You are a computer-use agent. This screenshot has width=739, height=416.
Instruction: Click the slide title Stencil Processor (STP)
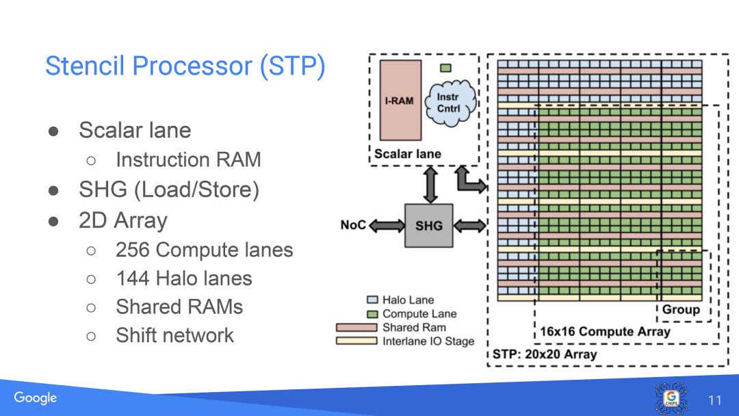click(x=185, y=66)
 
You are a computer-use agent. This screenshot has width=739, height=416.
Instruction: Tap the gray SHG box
click(x=429, y=225)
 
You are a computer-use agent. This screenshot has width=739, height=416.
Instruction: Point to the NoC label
click(x=353, y=225)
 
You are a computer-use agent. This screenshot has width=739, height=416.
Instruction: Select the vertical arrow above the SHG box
click(x=430, y=184)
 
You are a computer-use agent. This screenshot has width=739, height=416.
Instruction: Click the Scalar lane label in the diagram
click(x=408, y=154)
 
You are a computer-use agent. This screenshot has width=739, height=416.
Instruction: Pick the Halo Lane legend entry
click(x=408, y=300)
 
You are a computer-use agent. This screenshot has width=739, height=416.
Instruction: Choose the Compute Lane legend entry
click(x=419, y=313)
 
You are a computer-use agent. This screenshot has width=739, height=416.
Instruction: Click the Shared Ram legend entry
click(x=414, y=327)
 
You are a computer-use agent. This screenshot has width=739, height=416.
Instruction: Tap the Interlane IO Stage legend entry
click(x=428, y=341)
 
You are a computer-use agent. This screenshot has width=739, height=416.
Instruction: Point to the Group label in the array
click(x=681, y=309)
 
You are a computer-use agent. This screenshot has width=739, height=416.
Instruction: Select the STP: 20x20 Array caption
click(x=545, y=354)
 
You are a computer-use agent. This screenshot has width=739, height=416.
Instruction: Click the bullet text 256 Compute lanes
click(x=204, y=250)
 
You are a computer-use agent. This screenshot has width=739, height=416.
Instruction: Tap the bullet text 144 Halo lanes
click(x=183, y=278)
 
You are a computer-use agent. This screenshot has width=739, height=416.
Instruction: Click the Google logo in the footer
click(x=36, y=398)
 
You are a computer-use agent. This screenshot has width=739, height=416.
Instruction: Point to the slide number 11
click(x=714, y=400)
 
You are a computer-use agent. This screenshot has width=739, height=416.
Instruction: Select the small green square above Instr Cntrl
click(x=445, y=68)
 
